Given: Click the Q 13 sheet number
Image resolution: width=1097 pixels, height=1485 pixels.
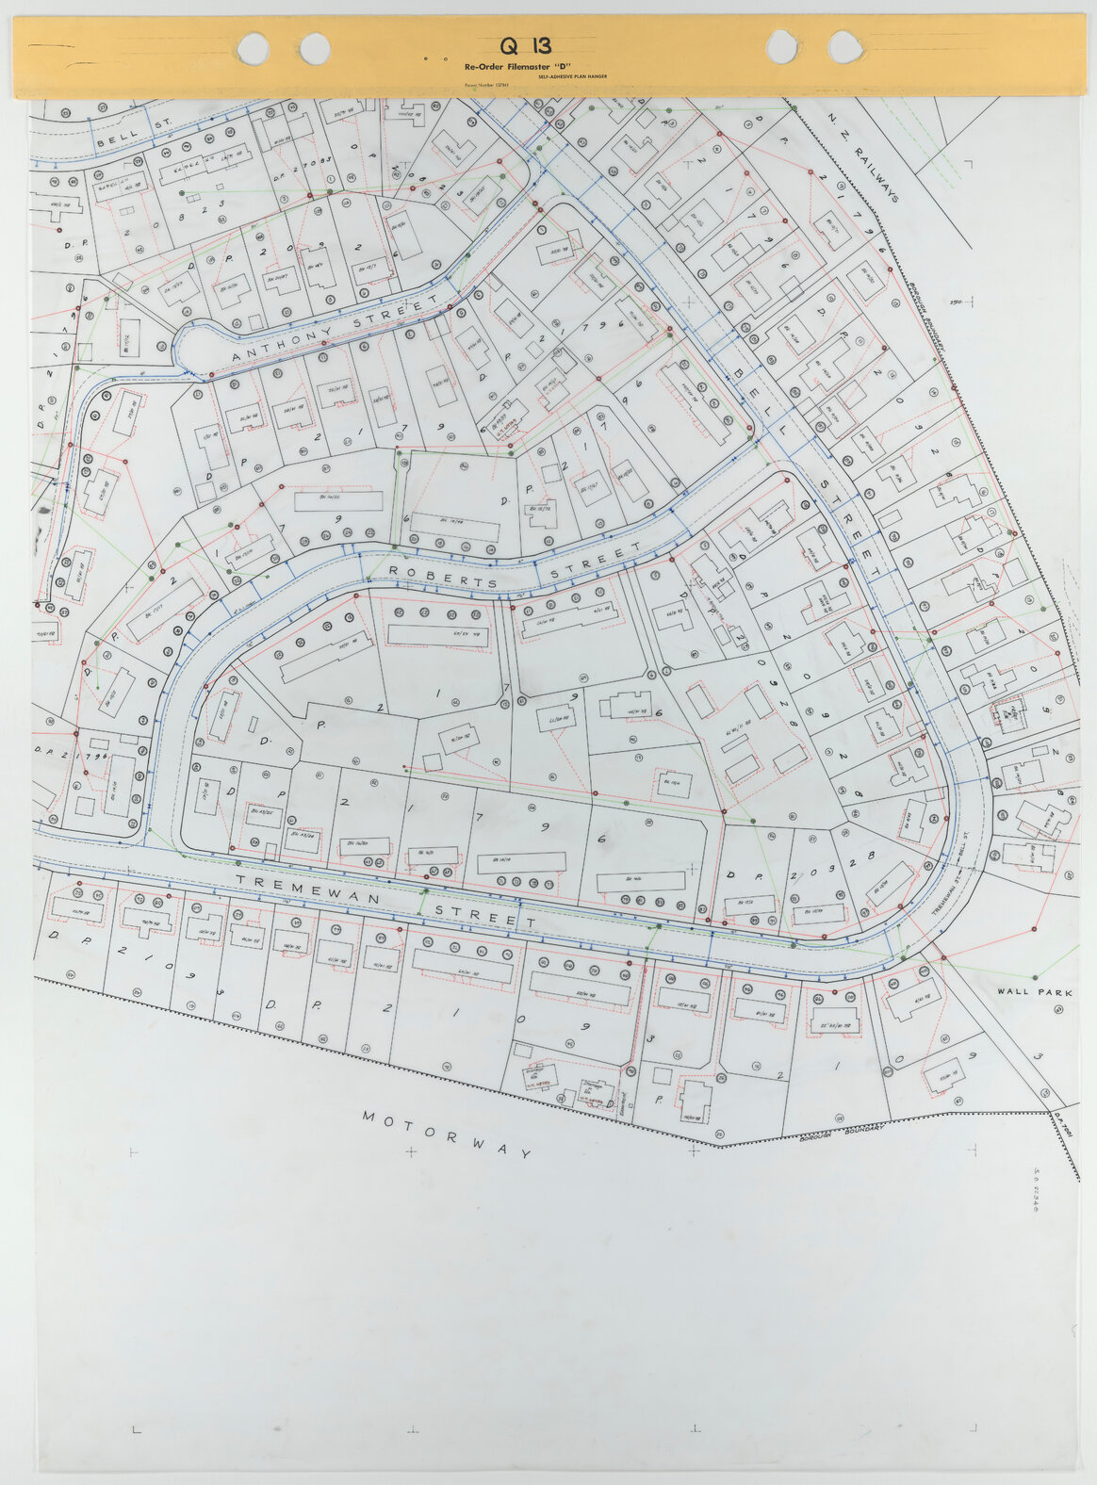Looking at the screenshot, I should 526,45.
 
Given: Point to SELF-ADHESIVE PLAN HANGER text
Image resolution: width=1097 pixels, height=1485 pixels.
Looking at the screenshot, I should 572,76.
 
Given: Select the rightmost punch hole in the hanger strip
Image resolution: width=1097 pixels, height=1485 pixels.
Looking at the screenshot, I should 843,45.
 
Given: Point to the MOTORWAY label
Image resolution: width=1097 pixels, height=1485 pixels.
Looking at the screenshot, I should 448,1134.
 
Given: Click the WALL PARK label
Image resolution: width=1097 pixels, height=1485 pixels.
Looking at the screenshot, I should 1035,992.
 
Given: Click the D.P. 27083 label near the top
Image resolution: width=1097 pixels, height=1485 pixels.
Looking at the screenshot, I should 303,168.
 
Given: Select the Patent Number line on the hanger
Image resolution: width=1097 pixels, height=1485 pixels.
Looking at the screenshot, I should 486,85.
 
